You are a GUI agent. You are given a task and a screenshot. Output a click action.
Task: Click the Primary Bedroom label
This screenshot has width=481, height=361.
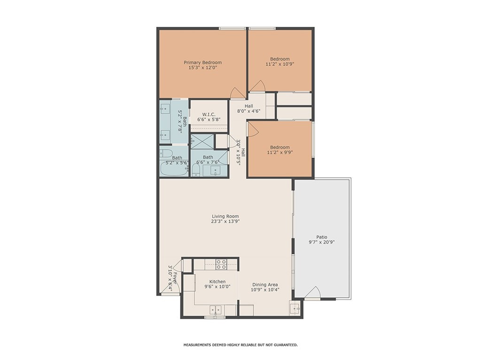(203, 63)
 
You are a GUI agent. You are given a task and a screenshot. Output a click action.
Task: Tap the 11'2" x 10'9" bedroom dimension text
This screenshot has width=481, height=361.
(280, 64)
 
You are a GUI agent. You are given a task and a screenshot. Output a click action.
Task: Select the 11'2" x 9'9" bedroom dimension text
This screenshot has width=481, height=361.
(280, 152)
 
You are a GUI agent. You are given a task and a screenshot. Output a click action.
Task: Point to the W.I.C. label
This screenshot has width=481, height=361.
(209, 115)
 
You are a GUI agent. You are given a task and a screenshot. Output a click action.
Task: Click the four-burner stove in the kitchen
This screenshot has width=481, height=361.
(222, 265)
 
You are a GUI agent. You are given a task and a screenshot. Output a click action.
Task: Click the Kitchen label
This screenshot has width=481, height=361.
(217, 282)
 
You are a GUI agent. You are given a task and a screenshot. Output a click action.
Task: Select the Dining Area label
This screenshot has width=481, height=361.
(265, 284)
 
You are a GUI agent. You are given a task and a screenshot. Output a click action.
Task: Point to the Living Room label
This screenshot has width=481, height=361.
(225, 216)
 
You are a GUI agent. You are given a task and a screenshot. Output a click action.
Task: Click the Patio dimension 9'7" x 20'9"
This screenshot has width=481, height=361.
(321, 242)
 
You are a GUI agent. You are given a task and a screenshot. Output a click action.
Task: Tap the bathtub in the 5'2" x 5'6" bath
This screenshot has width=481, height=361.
(174, 169)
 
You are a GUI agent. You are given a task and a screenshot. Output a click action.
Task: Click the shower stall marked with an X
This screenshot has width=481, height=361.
(202, 141)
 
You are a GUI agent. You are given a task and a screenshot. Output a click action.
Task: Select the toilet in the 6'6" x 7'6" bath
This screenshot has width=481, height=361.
(196, 170)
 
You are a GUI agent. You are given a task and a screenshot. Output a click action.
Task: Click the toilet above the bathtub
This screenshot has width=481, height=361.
(165, 153)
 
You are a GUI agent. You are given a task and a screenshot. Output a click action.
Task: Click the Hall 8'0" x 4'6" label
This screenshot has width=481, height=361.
(249, 109)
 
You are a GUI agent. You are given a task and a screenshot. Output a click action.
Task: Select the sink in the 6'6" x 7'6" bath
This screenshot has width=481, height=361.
(216, 171)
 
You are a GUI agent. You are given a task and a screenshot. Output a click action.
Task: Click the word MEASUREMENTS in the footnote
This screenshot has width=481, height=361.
(197, 345)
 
